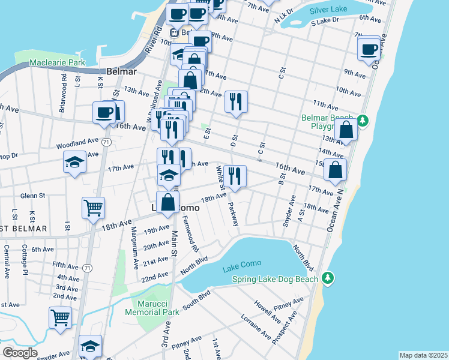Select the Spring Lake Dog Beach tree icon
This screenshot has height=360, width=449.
(327, 278)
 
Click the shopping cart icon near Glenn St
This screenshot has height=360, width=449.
(94, 208)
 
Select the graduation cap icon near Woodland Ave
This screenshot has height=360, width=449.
(75, 162)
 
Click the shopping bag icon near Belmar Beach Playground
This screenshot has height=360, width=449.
(346, 129)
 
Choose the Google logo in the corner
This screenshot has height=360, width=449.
(19, 352)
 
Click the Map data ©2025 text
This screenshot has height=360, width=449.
(423, 355)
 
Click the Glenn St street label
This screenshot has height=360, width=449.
(33, 196)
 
